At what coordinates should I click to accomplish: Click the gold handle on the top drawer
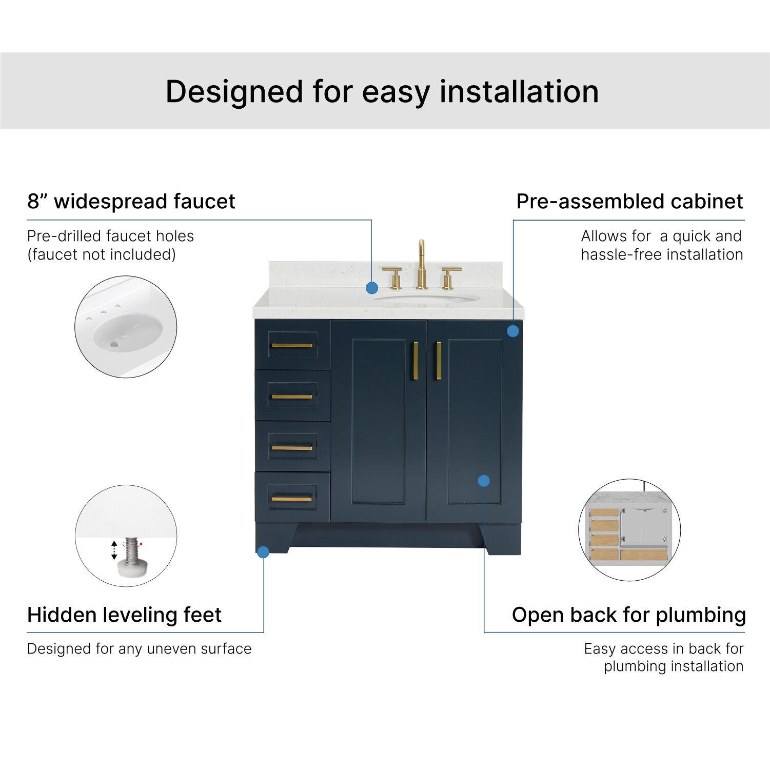pos(292,345)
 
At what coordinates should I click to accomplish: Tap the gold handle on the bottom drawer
pos(292,499)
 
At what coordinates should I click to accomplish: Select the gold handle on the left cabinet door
pos(416,361)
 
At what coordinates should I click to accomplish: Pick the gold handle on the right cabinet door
pos(439,361)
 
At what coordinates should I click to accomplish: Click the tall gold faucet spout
pos(421,264)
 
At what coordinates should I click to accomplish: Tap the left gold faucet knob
pos(393,278)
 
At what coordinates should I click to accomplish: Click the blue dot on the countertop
pos(372,288)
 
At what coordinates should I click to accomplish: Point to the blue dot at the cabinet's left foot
pos(263,552)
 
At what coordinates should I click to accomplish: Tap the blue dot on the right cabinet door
pos(484,481)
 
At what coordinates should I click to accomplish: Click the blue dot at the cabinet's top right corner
pos(513,331)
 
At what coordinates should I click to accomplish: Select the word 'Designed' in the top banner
pos(234,92)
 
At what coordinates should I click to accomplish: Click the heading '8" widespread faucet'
pos(131,201)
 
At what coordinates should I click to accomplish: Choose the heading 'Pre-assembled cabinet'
pos(630,201)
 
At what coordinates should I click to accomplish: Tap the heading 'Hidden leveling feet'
pos(125,615)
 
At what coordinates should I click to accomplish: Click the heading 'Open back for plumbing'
pos(629,615)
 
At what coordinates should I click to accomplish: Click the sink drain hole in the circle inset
pos(114,344)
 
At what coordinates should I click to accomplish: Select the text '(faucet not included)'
pos(102,254)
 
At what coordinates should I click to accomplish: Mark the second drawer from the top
pos(292,396)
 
